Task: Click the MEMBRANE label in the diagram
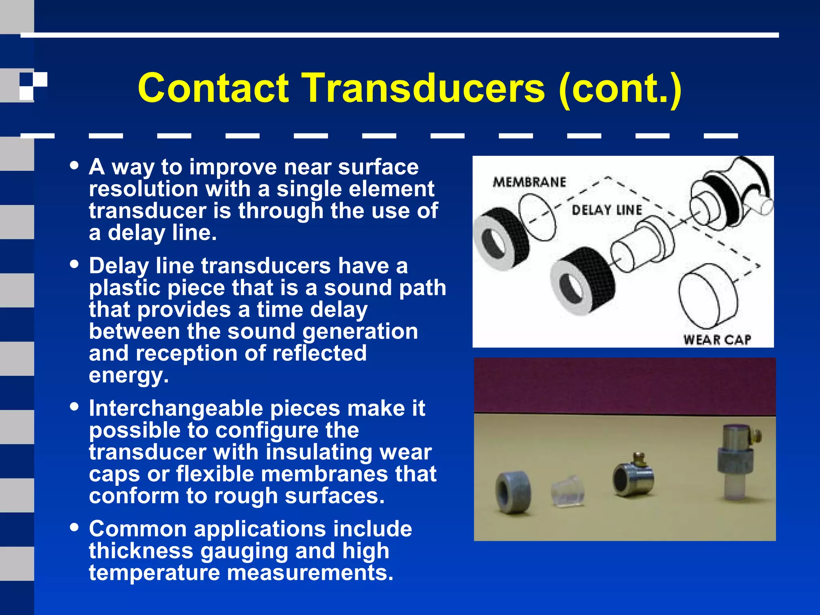tap(529, 182)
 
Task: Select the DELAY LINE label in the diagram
tap(607, 210)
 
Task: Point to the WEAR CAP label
tap(717, 340)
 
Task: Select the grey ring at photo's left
tap(513, 492)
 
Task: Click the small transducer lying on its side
tap(633, 476)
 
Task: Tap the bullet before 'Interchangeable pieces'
tap(74, 406)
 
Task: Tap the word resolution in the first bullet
tap(143, 189)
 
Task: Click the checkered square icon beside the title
tap(33, 86)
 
